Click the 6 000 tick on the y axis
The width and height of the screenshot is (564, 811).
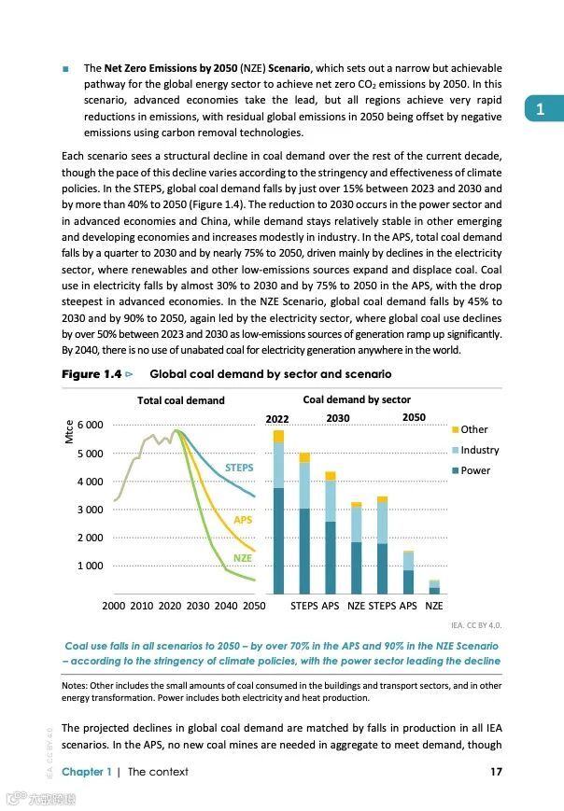pyautogui.click(x=91, y=426)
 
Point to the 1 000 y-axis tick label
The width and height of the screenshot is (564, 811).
pyautogui.click(x=91, y=566)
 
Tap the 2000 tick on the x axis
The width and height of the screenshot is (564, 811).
pyautogui.click(x=113, y=606)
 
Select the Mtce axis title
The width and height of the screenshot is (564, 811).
pyautogui.click(x=69, y=432)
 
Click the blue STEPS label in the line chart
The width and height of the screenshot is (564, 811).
pyautogui.click(x=239, y=467)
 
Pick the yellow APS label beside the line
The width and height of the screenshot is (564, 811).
pyautogui.click(x=243, y=519)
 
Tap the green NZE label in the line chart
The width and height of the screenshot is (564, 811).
pyautogui.click(x=243, y=558)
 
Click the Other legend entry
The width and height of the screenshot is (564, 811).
pyautogui.click(x=474, y=429)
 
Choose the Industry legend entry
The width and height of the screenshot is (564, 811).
pyautogui.click(x=480, y=450)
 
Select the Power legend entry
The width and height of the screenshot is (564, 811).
pyautogui.click(x=475, y=470)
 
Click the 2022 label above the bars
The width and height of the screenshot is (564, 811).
pyautogui.click(x=277, y=419)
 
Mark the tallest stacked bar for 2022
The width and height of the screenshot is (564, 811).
pyautogui.click(x=278, y=513)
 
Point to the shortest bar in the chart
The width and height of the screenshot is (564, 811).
pyautogui.click(x=434, y=587)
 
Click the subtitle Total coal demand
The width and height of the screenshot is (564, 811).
pyautogui.click(x=180, y=400)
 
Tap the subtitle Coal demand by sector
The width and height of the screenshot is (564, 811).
pyautogui.click(x=357, y=399)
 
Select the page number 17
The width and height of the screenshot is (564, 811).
pyautogui.click(x=496, y=772)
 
